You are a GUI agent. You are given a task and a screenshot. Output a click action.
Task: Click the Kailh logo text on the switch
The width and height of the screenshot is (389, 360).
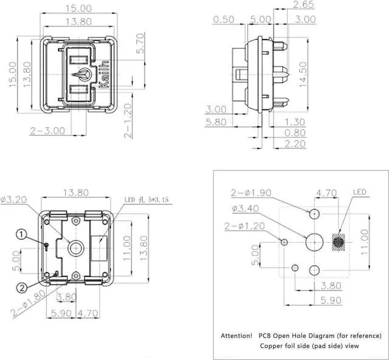pyautogui.click(x=104, y=74)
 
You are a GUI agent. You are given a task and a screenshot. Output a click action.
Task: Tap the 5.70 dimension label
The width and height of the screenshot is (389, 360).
pyautogui.click(x=140, y=43)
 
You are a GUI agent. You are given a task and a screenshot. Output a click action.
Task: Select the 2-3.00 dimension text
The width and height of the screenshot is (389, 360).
pyautogui.click(x=47, y=131)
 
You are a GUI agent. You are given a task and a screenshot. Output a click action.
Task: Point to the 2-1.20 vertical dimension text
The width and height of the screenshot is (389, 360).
pyautogui.click(x=128, y=120)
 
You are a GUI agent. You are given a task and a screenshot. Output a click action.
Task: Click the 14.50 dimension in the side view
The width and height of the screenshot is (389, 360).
pyautogui.click(x=303, y=74)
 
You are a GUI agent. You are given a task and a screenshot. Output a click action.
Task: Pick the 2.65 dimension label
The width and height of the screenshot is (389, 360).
pyautogui.click(x=303, y=5)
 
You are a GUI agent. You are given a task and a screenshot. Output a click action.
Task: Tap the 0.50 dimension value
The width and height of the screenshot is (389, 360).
pyautogui.click(x=224, y=19)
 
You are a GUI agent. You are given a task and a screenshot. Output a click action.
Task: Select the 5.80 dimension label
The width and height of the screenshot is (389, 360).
pyautogui.click(x=216, y=122)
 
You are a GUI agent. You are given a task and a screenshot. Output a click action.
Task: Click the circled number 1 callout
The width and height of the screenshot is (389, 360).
pyautogui.click(x=22, y=234)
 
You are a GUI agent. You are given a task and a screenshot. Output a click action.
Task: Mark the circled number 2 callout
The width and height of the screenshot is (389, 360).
pyautogui.click(x=22, y=288)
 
